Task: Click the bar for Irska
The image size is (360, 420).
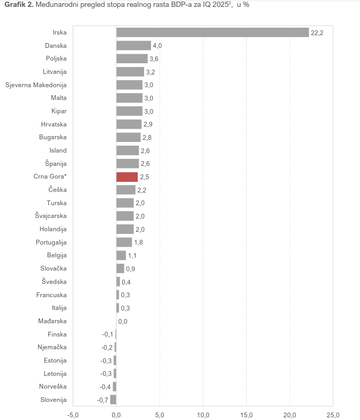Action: [213, 32]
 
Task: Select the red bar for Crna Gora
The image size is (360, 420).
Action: [127, 177]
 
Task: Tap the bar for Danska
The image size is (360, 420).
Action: [133, 46]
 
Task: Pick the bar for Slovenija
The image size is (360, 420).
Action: [113, 399]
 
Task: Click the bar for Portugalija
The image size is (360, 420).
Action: [124, 242]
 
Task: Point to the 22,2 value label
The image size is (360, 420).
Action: [317, 33]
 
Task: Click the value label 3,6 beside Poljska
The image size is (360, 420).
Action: [154, 59]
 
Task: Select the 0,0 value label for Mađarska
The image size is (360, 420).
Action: [122, 321]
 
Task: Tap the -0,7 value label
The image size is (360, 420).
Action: [103, 400]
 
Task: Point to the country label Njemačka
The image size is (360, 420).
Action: [53, 347]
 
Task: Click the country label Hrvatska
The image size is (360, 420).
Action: [54, 124]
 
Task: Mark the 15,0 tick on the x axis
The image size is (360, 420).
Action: [246, 414]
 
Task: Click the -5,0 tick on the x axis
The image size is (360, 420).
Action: [73, 414]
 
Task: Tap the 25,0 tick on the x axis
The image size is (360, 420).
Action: [333, 414]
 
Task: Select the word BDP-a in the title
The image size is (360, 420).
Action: [163, 5]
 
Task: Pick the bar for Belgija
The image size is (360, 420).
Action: [121, 255]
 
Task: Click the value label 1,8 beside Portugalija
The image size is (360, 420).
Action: [138, 242]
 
